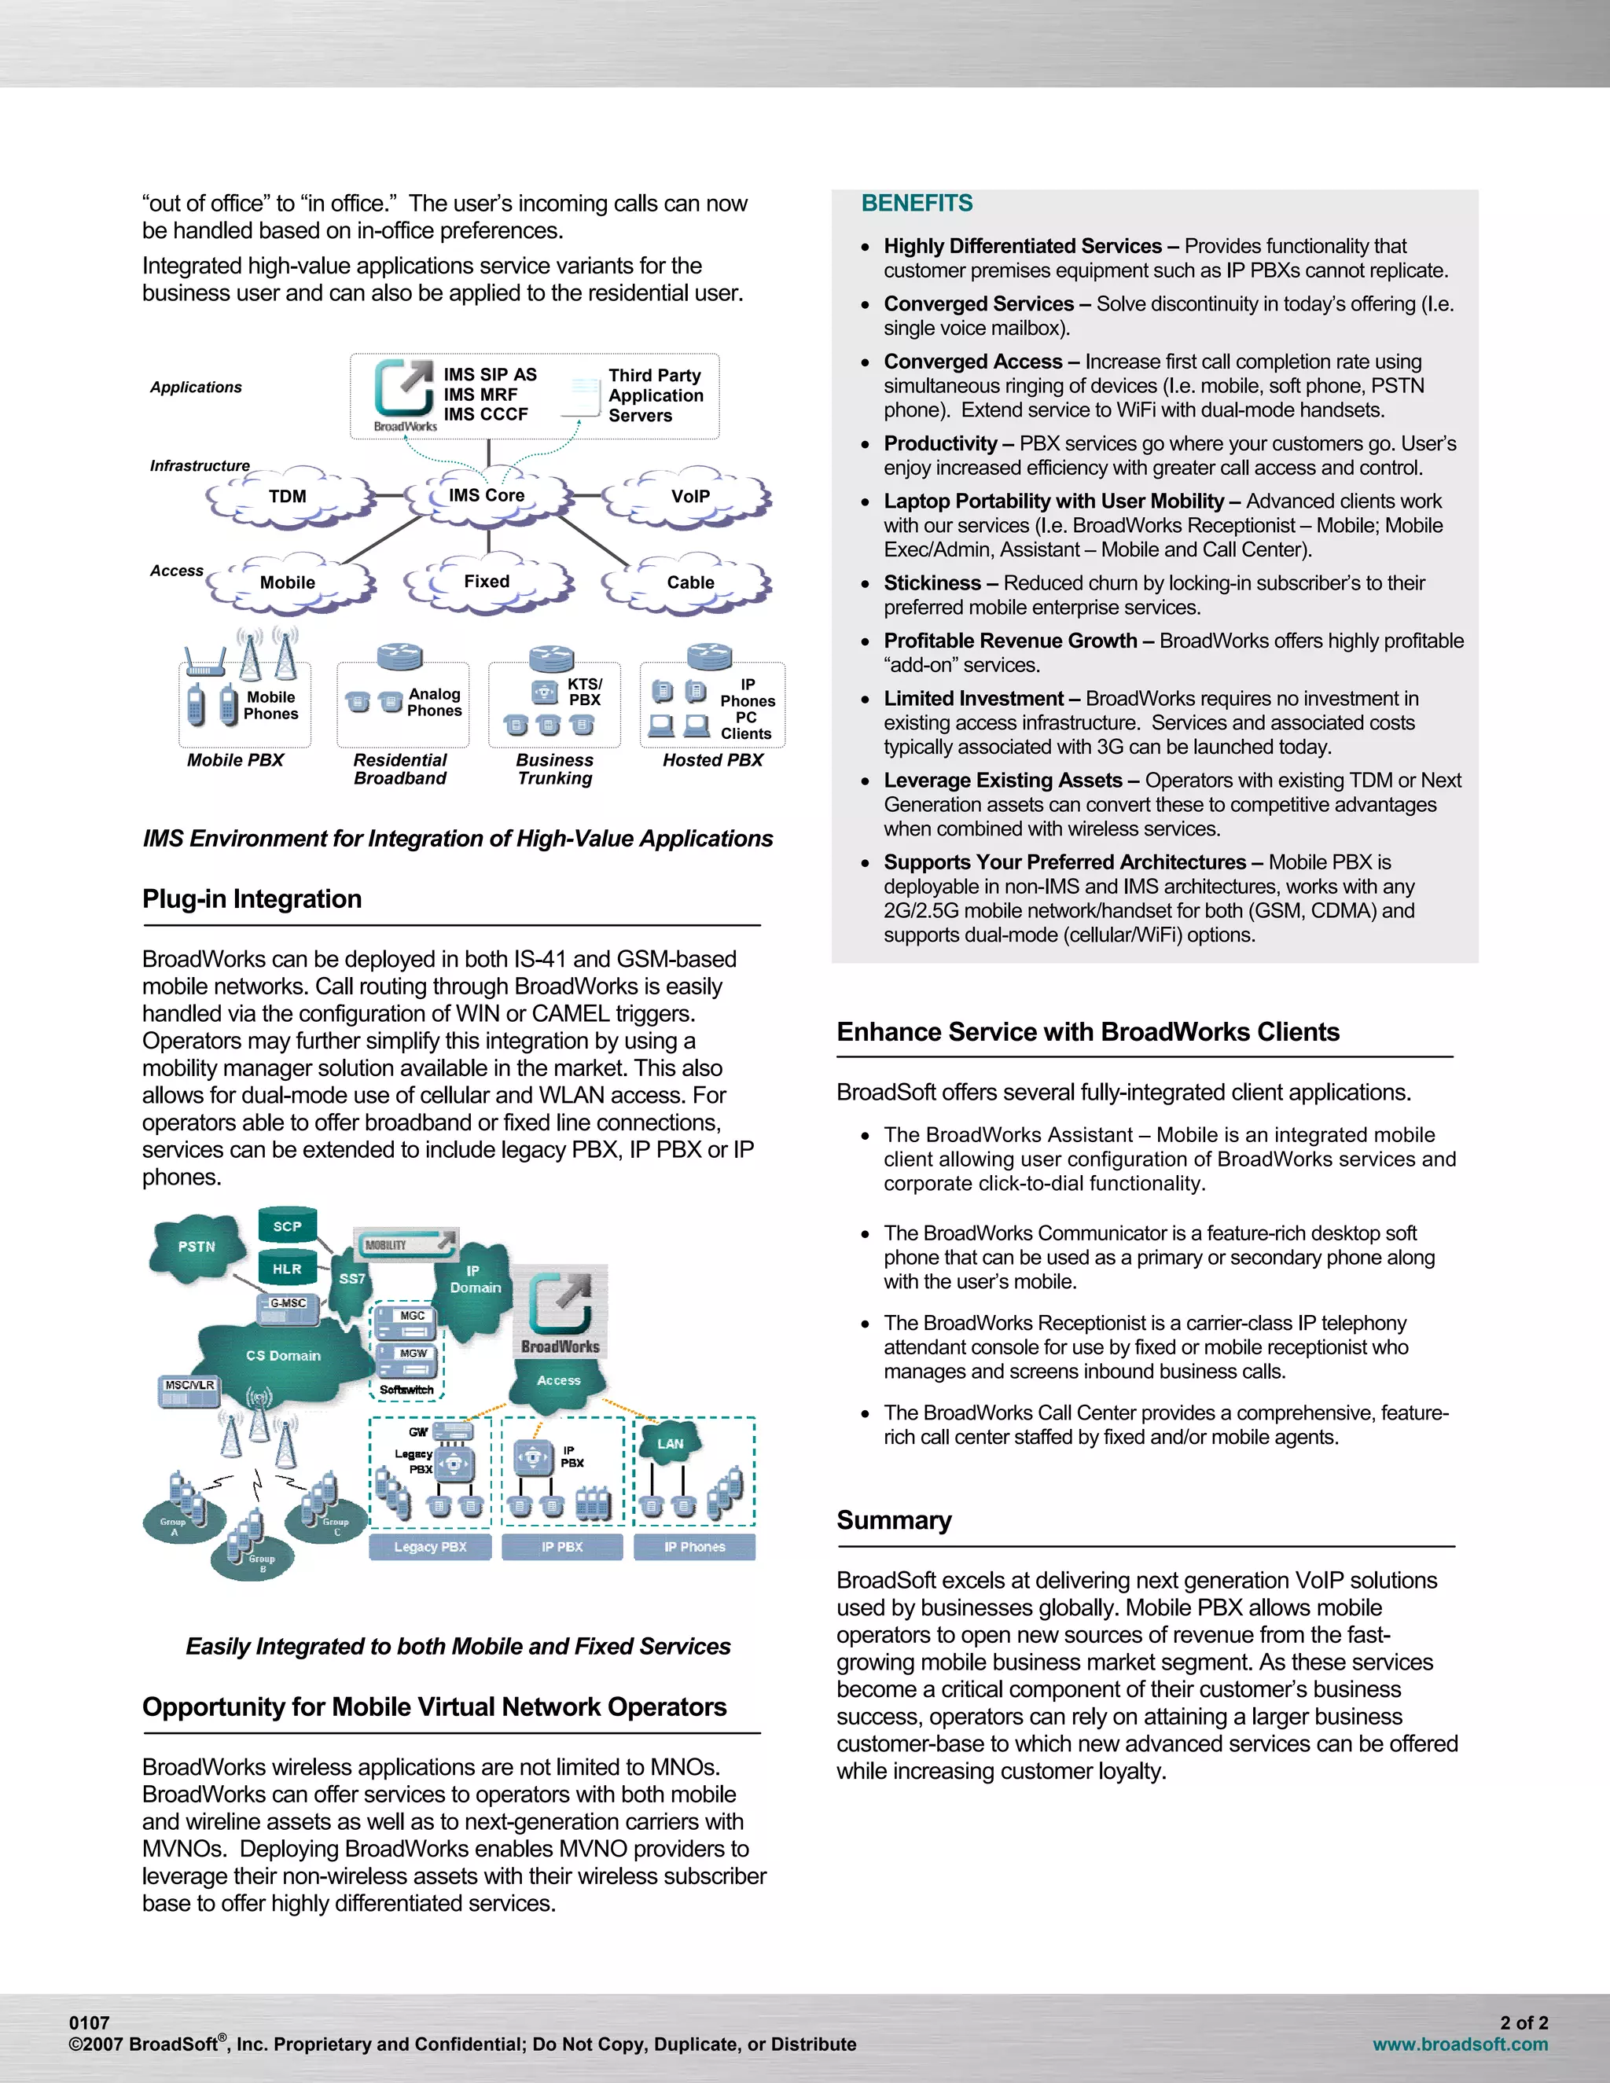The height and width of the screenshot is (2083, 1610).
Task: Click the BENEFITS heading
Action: [x=917, y=203]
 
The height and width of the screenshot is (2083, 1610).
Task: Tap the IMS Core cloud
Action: [x=487, y=496]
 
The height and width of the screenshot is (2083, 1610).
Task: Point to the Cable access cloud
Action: [x=689, y=582]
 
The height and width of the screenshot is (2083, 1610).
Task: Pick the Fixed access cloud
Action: [x=487, y=582]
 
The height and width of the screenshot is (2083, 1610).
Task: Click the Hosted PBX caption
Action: [x=712, y=760]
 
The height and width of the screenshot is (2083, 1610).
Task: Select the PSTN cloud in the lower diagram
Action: [x=197, y=1247]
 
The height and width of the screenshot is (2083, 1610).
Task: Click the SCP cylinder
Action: [x=287, y=1226]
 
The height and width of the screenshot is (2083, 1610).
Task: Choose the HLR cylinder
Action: [x=287, y=1269]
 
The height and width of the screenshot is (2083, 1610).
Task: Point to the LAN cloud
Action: [x=670, y=1444]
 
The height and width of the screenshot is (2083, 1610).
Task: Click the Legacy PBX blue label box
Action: [x=430, y=1547]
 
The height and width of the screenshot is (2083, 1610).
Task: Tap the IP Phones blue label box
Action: [x=694, y=1547]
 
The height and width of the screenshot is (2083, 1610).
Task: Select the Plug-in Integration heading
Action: [x=252, y=899]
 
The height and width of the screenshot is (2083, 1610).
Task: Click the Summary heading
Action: [x=894, y=1520]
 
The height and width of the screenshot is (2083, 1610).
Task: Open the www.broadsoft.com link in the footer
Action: [x=1459, y=2044]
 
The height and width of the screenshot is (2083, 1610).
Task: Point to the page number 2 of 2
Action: [x=1524, y=2022]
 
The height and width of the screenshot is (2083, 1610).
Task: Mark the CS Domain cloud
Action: [x=283, y=1355]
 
